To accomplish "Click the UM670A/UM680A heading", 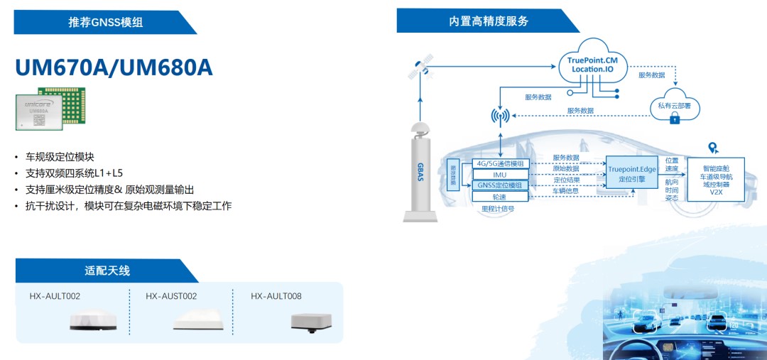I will point(114,67).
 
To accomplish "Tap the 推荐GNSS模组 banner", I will point(106,22).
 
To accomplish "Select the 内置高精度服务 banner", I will point(488,21).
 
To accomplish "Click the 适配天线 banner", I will point(107,271).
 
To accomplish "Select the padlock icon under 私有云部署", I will point(674,120).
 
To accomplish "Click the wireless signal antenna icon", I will point(501,116).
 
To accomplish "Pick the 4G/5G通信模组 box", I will point(500,163).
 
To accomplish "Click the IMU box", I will point(500,174).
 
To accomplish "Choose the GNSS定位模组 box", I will point(500,185).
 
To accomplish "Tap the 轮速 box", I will point(500,195).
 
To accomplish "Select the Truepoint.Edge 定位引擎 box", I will point(631,174).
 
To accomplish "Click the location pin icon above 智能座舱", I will point(714,148).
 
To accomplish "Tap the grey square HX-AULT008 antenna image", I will point(310,322).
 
